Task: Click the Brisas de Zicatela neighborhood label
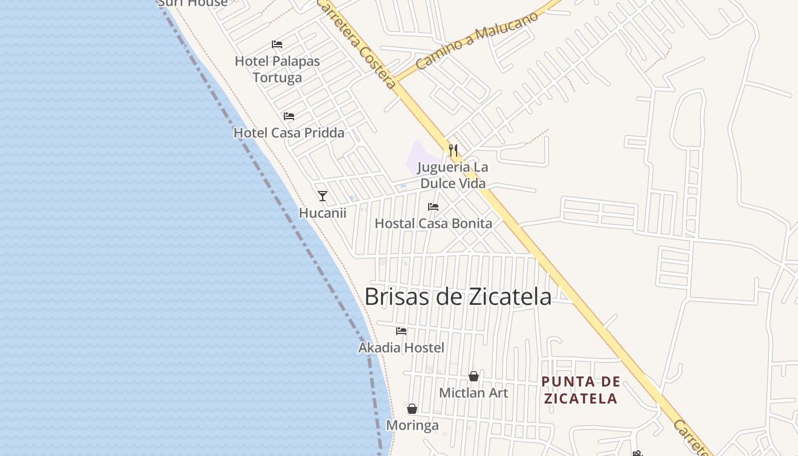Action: tap(458, 297)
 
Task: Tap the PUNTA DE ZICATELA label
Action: tap(580, 390)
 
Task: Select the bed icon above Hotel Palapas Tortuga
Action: tap(277, 44)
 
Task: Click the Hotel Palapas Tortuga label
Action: tap(278, 69)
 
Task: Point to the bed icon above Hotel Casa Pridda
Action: tap(289, 116)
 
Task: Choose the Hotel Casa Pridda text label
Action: tap(289, 133)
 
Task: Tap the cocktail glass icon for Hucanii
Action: tap(323, 196)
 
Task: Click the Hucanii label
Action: tap(323, 213)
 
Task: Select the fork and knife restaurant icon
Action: tap(453, 150)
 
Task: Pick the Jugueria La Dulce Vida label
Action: tap(453, 176)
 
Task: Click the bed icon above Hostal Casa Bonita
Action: tap(433, 207)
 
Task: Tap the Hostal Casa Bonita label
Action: tap(433, 223)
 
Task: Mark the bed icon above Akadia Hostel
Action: tap(401, 331)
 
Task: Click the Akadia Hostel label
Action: tap(401, 347)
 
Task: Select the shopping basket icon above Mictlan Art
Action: tap(473, 376)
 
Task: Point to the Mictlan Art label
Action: tap(473, 393)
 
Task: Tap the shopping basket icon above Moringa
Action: tap(412, 409)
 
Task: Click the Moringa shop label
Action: tap(412, 425)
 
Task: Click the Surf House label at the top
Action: tap(193, 3)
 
